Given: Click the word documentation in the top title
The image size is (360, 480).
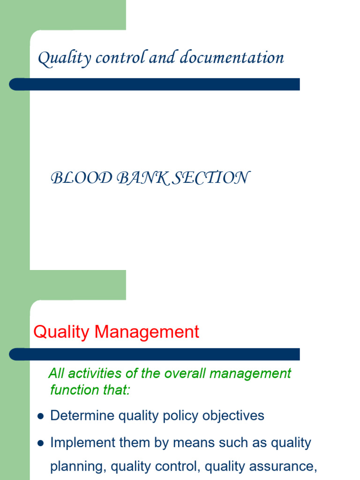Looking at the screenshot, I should click(x=232, y=58).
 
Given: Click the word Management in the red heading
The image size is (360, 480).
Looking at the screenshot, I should click(x=147, y=332).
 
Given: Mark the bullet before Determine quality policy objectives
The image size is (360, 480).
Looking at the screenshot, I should click(x=40, y=416).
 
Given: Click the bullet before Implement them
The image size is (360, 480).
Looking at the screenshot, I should click(x=40, y=443).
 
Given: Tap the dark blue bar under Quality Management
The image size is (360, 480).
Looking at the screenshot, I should click(x=155, y=354).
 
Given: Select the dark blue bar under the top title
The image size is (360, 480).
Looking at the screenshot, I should click(x=155, y=84).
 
